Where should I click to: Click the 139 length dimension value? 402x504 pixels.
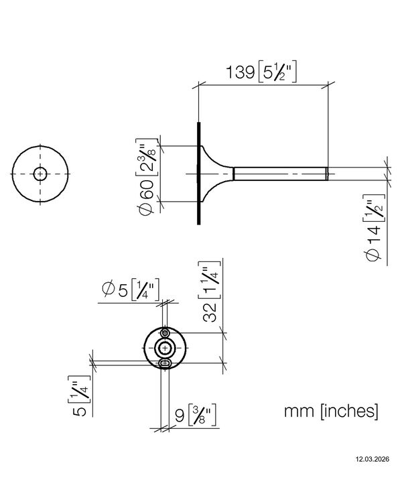(241, 72)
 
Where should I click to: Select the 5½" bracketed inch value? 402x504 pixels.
(277, 71)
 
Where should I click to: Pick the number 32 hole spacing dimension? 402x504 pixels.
(210, 312)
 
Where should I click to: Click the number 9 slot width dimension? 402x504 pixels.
(180, 416)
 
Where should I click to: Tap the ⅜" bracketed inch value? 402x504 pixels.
(202, 415)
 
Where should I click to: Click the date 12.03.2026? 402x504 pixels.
(372, 459)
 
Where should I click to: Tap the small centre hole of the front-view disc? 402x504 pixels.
(40, 174)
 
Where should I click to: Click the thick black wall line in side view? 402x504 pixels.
(199, 173)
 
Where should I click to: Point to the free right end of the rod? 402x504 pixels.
(328, 174)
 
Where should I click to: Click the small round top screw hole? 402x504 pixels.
(165, 332)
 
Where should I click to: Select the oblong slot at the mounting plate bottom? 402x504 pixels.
(165, 363)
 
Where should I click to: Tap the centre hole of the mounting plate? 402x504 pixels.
(165, 348)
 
